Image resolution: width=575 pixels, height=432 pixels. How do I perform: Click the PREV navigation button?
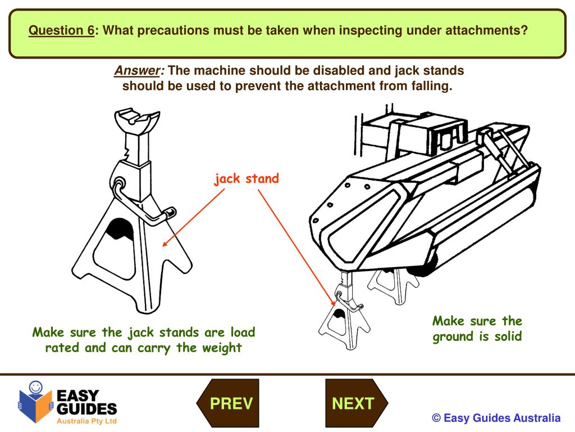[231, 403]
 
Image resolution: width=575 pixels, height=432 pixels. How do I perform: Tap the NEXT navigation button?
[353, 403]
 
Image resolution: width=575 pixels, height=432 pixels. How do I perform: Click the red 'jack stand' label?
[246, 179]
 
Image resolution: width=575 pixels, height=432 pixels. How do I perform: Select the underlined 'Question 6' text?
[62, 30]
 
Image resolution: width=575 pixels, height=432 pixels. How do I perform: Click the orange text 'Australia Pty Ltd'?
[86, 421]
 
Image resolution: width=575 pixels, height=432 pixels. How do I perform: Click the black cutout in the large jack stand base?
[119, 227]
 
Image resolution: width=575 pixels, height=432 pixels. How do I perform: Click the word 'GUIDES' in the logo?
[87, 408]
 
